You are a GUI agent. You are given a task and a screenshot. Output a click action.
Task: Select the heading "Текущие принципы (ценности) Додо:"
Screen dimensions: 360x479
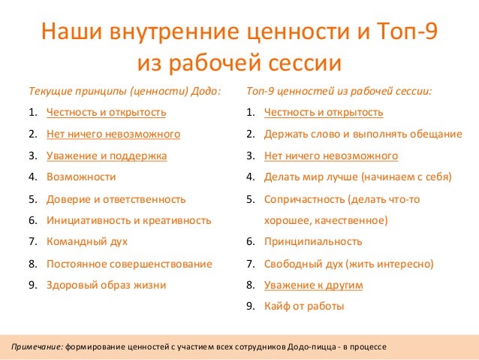coord(125,91)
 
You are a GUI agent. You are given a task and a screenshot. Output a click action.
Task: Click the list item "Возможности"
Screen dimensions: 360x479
coord(81,177)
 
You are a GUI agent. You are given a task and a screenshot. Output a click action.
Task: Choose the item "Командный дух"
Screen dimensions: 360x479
coord(87,242)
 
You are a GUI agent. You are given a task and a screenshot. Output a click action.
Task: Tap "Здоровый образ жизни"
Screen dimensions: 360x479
coord(106,285)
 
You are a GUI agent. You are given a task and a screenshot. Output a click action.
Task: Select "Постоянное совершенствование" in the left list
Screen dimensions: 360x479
coord(129,264)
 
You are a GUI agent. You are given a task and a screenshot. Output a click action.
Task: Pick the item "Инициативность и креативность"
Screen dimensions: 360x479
coord(128,221)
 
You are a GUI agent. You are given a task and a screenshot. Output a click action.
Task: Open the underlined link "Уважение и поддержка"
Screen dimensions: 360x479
coord(107,156)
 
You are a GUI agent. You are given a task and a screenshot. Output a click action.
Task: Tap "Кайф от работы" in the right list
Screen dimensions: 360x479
coord(304,307)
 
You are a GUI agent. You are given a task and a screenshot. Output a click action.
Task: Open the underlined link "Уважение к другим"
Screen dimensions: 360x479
coord(314,286)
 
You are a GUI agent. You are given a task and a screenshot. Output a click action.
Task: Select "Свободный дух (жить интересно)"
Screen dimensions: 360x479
coord(348,264)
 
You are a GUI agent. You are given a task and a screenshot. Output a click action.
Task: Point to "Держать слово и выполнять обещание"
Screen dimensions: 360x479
coord(363,135)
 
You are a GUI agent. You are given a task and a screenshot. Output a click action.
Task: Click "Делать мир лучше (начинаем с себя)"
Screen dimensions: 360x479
coord(357,177)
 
